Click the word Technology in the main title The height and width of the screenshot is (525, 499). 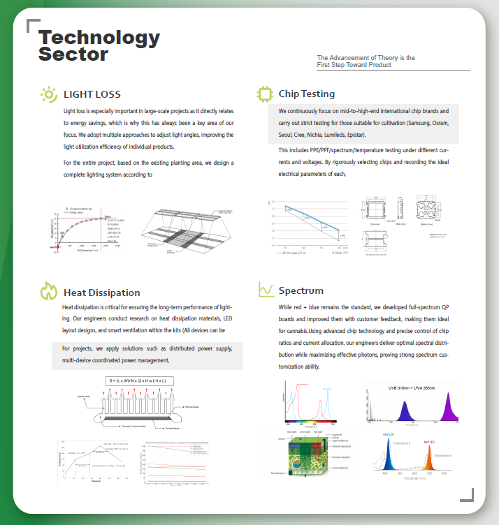pos(99,38)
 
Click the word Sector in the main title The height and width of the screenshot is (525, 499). pos(73,54)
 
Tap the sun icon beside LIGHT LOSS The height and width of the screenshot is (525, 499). pos(49,94)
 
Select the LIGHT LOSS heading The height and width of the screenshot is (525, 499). pos(92,94)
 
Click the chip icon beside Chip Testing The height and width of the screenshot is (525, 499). pos(265,94)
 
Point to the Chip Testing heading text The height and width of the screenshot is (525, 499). pos(306,94)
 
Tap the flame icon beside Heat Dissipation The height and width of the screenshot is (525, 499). pos(48,291)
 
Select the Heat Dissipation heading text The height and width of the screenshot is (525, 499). pos(101,293)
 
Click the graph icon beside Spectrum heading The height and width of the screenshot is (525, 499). pos(266,290)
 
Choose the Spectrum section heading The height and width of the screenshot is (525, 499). pos(301,290)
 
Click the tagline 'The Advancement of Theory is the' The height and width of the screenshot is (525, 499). pos(366,58)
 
